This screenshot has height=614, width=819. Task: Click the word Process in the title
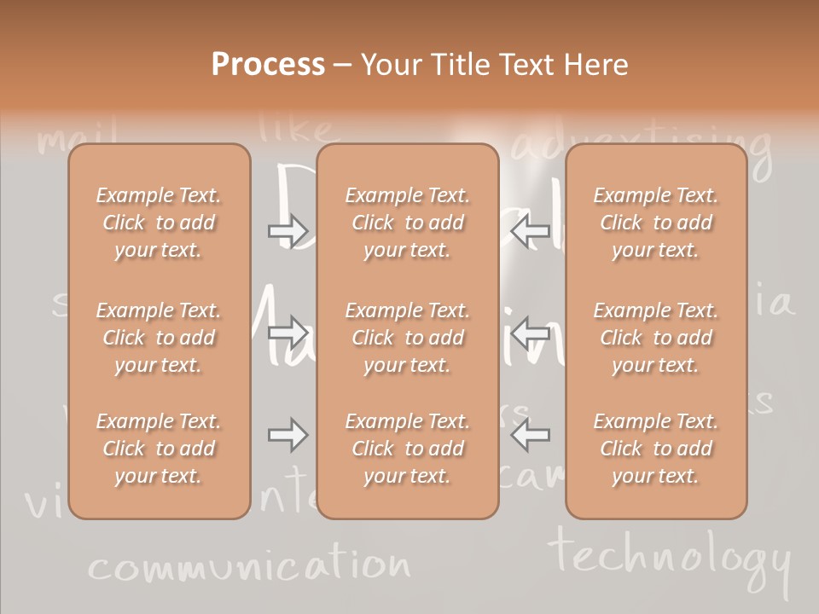[268, 65]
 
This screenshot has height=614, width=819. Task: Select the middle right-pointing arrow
[288, 331]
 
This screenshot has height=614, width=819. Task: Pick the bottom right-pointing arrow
[288, 435]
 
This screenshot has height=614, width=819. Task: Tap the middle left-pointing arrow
[530, 331]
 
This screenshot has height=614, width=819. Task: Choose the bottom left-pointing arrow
[530, 435]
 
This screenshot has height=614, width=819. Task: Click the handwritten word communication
[249, 565]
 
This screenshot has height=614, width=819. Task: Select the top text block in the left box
[159, 223]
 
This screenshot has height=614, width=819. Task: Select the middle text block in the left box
[159, 338]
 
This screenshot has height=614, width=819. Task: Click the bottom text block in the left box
[159, 449]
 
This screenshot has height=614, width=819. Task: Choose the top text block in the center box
[408, 223]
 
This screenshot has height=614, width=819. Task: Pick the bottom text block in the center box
[408, 449]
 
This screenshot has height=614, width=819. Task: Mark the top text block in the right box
[656, 223]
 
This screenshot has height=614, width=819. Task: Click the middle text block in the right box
[656, 338]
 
